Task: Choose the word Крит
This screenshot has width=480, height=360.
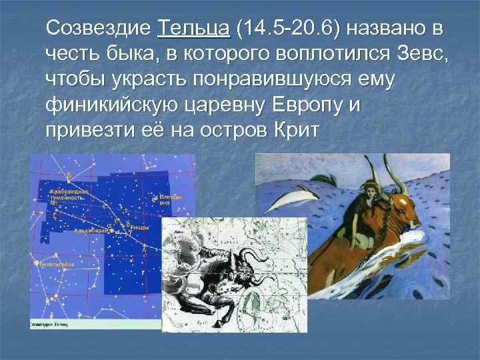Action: (x=297, y=128)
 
